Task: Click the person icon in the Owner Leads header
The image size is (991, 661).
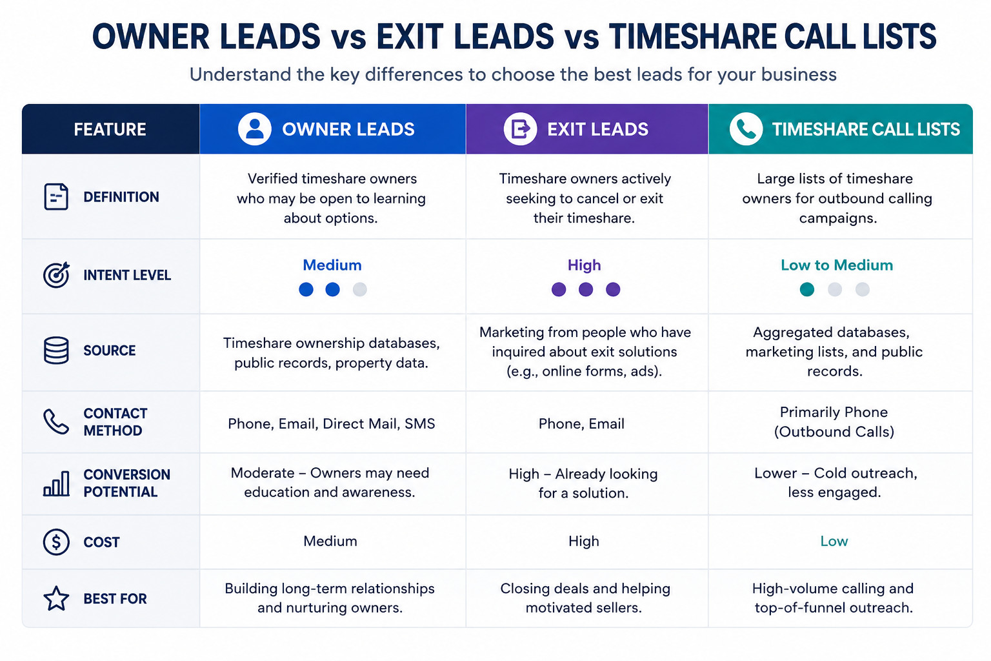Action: tap(254, 129)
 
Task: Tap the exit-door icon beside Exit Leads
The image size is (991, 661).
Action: tap(520, 129)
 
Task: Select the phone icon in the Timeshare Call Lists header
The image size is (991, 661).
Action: tap(746, 129)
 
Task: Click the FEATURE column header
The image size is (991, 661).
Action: tap(110, 129)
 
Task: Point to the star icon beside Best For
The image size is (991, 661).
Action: tap(56, 598)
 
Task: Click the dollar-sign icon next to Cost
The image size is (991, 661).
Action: tap(56, 542)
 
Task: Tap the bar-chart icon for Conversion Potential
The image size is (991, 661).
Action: tap(56, 483)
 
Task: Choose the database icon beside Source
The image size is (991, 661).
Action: tap(56, 351)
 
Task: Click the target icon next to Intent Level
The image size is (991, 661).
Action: tap(56, 275)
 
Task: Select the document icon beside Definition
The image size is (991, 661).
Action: tap(56, 197)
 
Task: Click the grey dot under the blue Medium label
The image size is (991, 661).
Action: tap(359, 290)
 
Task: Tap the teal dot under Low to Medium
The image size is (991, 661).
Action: tap(807, 290)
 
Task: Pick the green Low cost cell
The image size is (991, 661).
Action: tap(834, 541)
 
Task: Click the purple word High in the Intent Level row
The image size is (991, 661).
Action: tap(584, 265)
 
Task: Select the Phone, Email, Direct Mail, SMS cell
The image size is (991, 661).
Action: tap(332, 423)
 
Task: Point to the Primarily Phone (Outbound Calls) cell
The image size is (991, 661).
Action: tap(834, 422)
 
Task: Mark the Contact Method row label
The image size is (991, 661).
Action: tap(115, 422)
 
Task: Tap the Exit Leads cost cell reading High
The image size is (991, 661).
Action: tap(584, 541)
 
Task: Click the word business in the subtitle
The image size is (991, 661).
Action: tap(799, 74)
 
